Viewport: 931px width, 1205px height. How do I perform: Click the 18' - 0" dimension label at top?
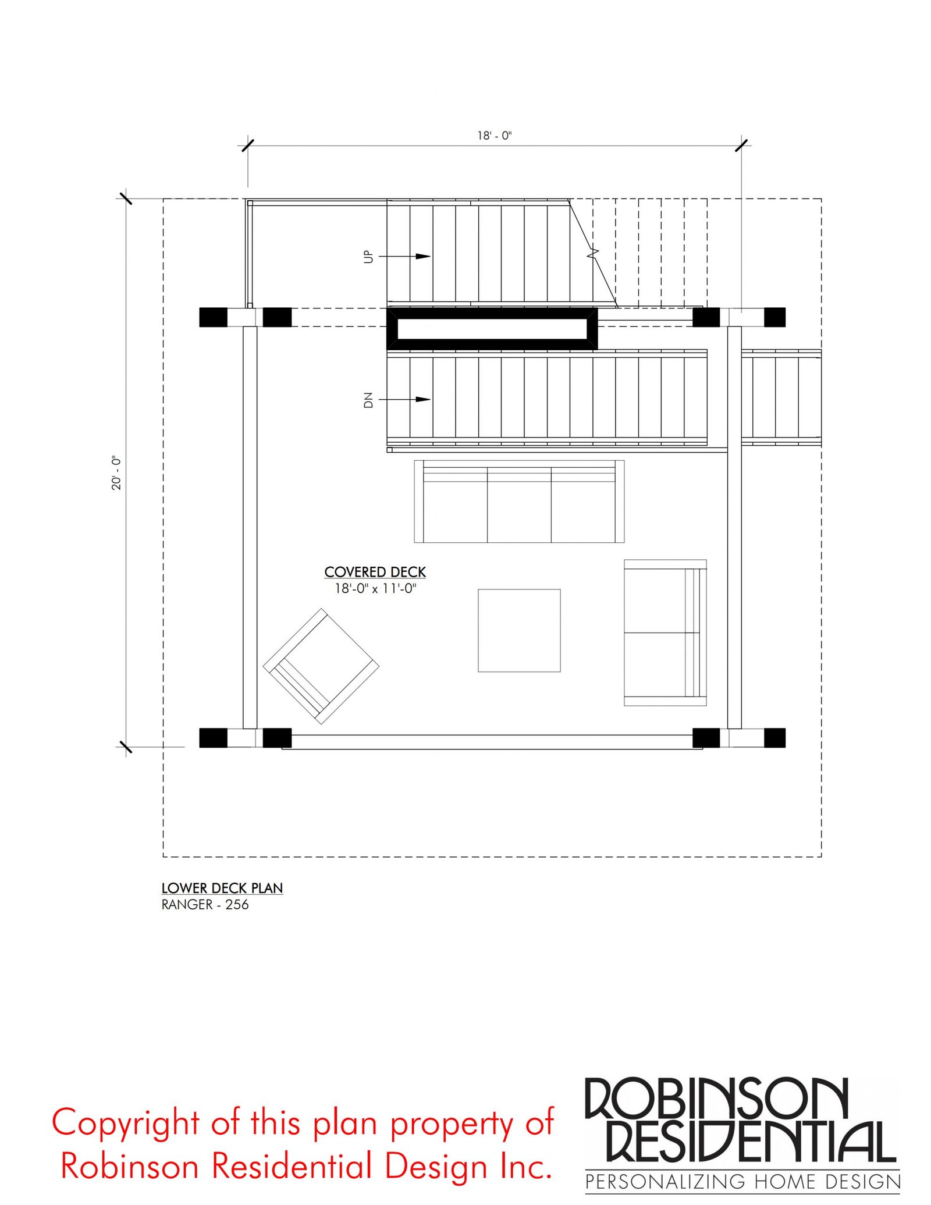click(x=494, y=136)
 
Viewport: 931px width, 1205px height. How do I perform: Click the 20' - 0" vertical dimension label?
click(x=116, y=472)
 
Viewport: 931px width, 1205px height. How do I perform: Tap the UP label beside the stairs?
click(x=368, y=257)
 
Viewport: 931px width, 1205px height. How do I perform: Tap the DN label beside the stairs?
click(x=368, y=400)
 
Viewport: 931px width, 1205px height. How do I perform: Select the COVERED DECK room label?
click(x=375, y=572)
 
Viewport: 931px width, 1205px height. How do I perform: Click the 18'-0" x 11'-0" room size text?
click(x=375, y=588)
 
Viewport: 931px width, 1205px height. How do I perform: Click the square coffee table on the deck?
click(x=519, y=630)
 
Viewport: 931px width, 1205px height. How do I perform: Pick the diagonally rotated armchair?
click(x=321, y=666)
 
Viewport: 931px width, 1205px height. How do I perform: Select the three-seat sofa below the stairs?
click(x=519, y=501)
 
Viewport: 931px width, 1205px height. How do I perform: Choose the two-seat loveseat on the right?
click(x=665, y=632)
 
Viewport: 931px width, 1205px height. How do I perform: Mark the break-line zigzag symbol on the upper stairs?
click(x=593, y=253)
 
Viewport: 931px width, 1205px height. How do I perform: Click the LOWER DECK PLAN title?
click(x=222, y=888)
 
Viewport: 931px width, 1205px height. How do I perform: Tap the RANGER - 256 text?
click(x=205, y=904)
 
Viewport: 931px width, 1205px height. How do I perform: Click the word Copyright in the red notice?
click(x=125, y=1124)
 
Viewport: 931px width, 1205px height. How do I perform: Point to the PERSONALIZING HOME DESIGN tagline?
click(x=742, y=1182)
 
